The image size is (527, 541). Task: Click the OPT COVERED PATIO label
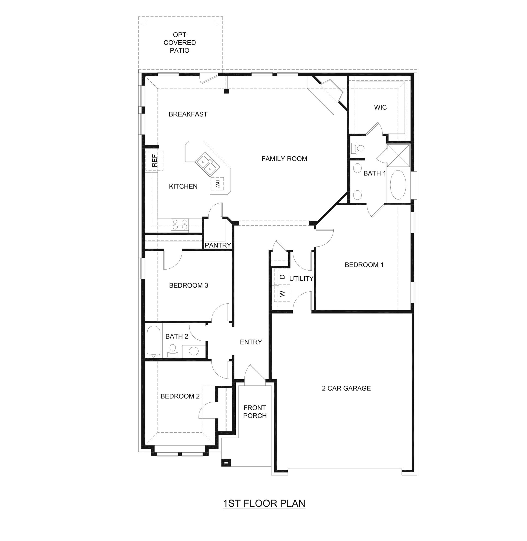point(180,43)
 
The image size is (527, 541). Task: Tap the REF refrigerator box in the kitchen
point(154,161)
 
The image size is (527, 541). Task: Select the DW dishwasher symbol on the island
point(217,184)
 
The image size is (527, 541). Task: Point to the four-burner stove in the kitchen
point(180,225)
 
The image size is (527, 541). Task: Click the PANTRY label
point(218,245)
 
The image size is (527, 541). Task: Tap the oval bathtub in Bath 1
point(398,184)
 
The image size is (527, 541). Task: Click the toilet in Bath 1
point(358,148)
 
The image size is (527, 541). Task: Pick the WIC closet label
point(380,107)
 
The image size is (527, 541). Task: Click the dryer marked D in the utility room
point(282,277)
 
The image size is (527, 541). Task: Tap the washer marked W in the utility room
point(282,294)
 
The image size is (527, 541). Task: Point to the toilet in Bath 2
point(173,350)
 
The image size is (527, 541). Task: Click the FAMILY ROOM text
point(284,159)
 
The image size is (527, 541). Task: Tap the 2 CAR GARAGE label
point(346,388)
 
